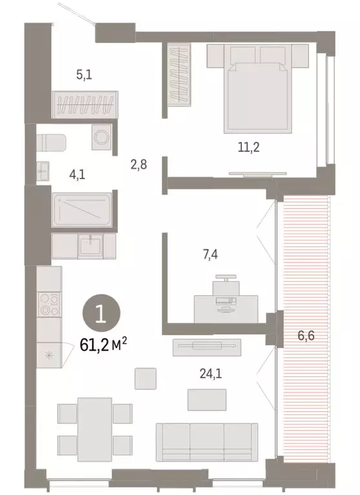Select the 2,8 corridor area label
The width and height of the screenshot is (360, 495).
(x=139, y=164)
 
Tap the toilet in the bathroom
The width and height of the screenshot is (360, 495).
(x=52, y=141)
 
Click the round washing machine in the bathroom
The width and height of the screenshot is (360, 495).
(x=101, y=137)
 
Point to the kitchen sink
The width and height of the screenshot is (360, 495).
(x=89, y=245)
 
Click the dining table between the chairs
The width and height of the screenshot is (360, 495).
(x=95, y=427)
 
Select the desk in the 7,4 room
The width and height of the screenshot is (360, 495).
(x=226, y=307)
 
